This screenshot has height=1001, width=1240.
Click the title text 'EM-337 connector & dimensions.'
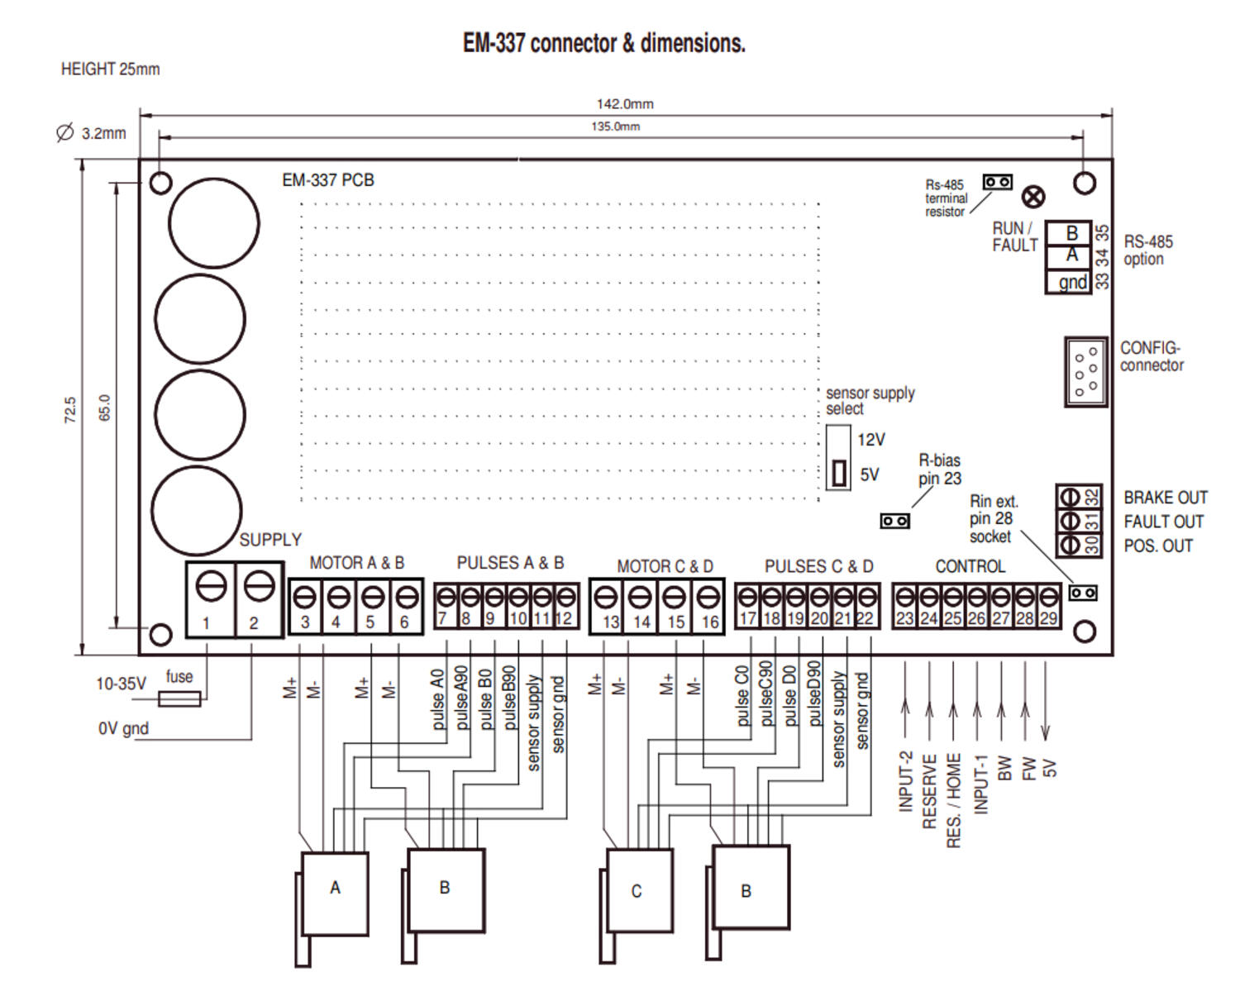click(603, 43)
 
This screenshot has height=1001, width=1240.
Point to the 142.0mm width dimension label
click(625, 104)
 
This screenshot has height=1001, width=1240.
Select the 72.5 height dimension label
click(70, 410)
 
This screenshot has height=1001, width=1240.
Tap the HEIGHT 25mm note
click(110, 69)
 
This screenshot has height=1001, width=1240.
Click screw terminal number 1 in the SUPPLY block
click(211, 599)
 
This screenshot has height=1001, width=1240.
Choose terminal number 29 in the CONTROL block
click(1048, 608)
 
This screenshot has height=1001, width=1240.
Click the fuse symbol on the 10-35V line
click(179, 700)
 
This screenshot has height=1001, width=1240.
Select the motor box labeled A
click(335, 894)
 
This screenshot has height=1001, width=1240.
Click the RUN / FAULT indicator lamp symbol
click(1033, 197)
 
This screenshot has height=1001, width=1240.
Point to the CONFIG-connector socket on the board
click(1085, 371)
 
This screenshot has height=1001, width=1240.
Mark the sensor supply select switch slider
click(839, 474)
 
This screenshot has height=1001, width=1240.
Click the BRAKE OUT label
click(1165, 498)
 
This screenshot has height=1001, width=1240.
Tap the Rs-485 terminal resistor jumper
click(997, 182)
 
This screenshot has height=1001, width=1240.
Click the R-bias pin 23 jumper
click(894, 521)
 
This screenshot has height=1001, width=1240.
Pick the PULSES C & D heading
click(818, 566)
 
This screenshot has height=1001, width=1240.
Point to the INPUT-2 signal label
click(905, 781)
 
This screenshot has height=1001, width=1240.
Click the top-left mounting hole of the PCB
click(161, 182)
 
